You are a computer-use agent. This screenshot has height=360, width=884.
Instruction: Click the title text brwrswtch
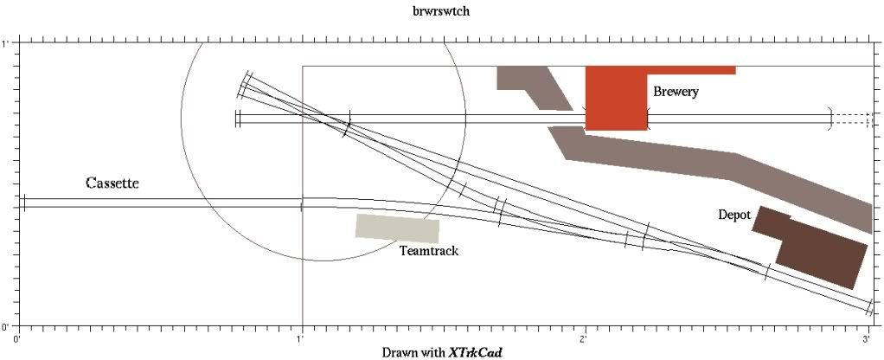coord(441,11)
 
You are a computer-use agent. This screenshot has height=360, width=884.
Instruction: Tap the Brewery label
coord(676,92)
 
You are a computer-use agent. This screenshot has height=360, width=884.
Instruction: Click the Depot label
coord(734,215)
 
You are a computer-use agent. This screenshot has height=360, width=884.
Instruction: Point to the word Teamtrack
coord(428,251)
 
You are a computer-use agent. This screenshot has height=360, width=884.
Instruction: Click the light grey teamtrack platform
coord(398,228)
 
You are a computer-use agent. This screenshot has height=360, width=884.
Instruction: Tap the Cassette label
coord(112,183)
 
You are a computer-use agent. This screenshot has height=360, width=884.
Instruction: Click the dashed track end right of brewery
coord(853,119)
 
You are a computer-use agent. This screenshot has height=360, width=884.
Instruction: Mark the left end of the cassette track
coord(24,202)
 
